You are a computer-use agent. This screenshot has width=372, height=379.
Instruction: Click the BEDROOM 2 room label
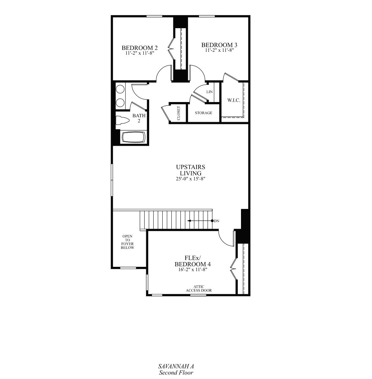coord(139,48)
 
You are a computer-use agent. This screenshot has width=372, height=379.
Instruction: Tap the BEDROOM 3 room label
coord(221,45)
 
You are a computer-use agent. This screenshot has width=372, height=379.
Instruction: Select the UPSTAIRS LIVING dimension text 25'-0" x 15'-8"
coord(191,178)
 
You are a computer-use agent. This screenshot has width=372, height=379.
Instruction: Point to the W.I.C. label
coord(234,100)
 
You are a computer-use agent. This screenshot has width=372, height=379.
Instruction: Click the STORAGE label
coord(203,113)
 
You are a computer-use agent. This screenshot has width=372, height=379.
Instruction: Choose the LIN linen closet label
coord(209,92)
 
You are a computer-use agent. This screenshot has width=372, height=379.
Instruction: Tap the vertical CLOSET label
coord(179,113)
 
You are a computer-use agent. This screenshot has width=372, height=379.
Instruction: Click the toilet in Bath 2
coord(123,121)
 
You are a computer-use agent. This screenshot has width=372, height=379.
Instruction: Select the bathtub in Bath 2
coord(133,137)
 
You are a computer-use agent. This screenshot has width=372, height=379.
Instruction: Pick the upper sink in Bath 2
coord(121,89)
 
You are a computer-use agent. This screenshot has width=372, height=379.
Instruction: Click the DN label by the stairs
coord(217,221)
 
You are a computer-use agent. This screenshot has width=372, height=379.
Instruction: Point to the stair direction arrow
coord(199,221)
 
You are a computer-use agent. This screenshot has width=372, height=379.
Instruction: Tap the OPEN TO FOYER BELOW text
coord(127,242)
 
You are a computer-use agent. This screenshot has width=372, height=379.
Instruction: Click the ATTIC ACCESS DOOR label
coord(199,289)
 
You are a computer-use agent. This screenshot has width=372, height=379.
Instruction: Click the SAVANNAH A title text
coord(176,366)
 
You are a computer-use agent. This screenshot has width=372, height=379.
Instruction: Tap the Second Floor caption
coord(176,373)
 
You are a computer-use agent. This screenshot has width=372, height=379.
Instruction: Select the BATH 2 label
coord(139,118)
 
